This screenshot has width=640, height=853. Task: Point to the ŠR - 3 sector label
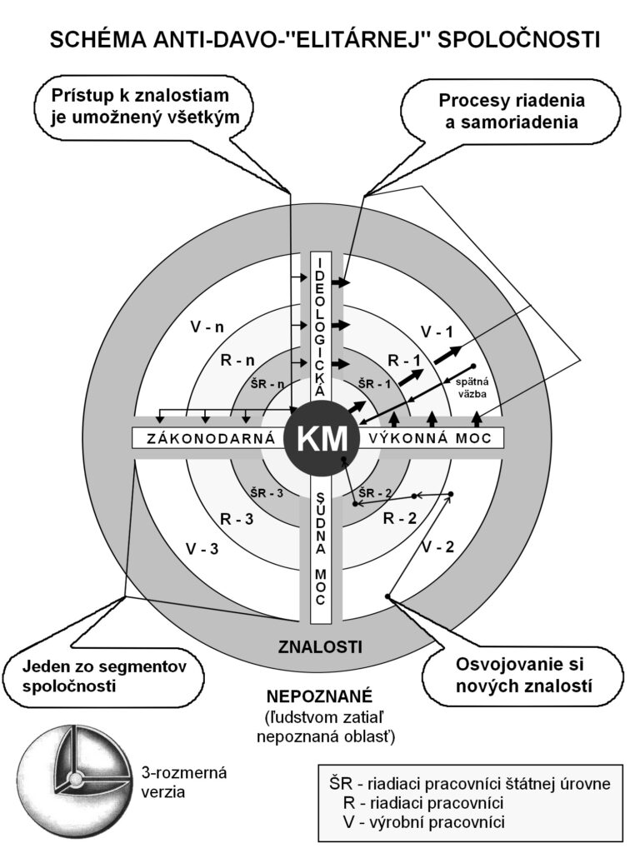[x=269, y=492]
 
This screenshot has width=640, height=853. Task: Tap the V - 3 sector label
[x=204, y=549]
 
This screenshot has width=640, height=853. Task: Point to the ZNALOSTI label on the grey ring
[x=320, y=646]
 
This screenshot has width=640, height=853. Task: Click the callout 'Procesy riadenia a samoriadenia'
[x=512, y=111]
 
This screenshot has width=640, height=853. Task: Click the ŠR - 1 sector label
[x=373, y=383]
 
